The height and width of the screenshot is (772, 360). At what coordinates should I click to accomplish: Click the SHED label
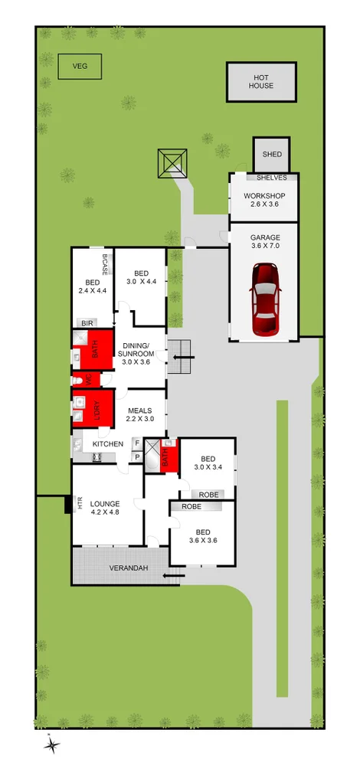click(272, 155)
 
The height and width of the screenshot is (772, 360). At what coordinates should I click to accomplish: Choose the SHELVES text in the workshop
click(272, 178)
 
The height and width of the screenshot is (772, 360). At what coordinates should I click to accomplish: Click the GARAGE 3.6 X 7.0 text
click(263, 242)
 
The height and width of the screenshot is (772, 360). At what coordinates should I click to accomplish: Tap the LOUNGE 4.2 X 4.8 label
click(105, 508)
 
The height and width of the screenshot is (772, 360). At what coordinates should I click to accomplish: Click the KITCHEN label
click(108, 444)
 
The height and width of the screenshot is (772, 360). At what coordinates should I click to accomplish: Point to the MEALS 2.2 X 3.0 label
click(142, 414)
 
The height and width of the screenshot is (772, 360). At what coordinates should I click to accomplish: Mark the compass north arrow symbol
click(51, 744)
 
